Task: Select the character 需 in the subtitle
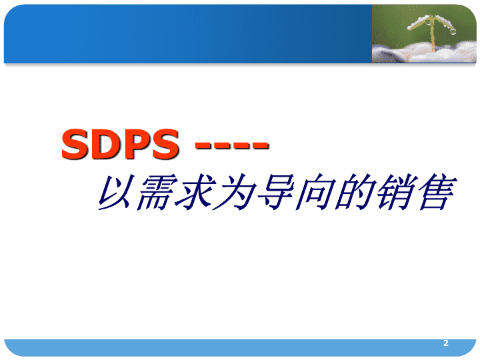point(155,192)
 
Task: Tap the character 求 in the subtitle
point(195,192)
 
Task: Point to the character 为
point(235,192)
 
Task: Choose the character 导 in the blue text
point(275,192)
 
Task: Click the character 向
point(315,192)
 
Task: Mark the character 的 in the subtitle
point(355,192)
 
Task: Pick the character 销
point(395,192)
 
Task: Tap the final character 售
point(436,192)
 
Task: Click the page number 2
point(446,343)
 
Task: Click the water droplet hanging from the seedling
point(453,31)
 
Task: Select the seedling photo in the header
point(424,34)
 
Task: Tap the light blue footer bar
point(240,347)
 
